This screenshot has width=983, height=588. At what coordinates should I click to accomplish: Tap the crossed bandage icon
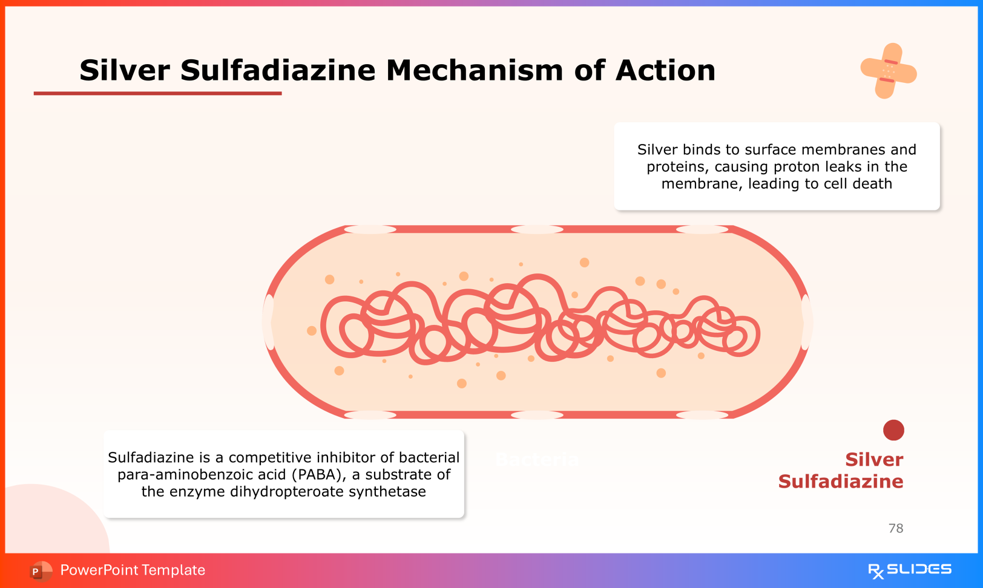(888, 71)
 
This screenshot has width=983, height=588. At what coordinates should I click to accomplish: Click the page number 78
(895, 528)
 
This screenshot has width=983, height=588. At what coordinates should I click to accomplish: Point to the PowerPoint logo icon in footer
(40, 570)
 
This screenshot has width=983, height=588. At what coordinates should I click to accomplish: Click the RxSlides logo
(909, 570)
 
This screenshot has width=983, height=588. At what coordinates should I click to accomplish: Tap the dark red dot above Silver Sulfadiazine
(893, 430)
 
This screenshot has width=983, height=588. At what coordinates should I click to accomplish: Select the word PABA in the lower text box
(311, 474)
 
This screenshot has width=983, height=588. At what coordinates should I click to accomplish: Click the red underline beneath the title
(157, 93)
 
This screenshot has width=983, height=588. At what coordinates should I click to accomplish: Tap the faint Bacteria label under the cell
(536, 460)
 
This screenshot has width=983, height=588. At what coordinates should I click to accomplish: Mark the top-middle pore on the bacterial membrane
(537, 229)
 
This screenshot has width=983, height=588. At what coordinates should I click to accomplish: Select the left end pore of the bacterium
(269, 322)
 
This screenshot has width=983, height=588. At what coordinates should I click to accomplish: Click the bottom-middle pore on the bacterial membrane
(537, 415)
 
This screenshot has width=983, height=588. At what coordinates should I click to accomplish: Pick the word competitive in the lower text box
(265, 457)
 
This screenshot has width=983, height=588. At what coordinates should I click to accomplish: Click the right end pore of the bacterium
(806, 322)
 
